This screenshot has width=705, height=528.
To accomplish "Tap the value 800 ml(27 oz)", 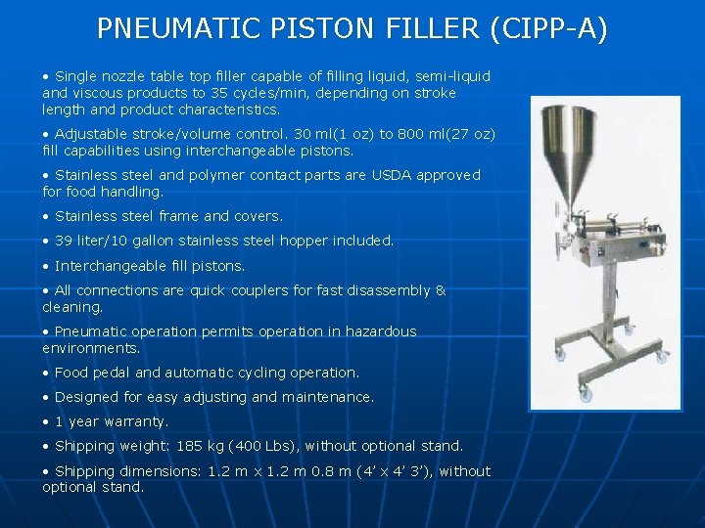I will [x=450, y=134].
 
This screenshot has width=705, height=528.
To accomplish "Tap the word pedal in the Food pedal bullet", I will [x=108, y=373].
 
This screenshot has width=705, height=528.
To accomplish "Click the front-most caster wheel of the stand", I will [x=587, y=394].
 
